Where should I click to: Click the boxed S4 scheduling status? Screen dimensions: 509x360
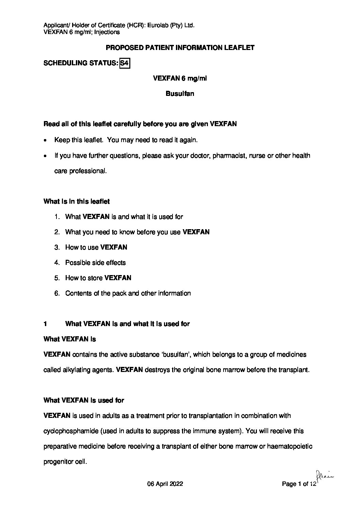click(125, 63)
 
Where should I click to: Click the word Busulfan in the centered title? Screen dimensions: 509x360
click(180, 94)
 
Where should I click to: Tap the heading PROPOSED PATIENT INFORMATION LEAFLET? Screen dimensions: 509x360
click(180, 48)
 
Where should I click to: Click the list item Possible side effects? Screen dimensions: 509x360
click(95, 263)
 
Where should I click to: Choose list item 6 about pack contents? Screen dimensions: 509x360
click(128, 293)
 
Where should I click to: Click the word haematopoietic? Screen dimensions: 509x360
click(291, 446)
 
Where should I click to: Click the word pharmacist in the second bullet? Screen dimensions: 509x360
click(229, 156)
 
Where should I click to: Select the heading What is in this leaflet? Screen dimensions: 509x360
click(77, 202)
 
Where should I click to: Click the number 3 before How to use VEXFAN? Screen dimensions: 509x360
click(56, 248)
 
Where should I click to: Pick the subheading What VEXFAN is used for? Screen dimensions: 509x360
click(84, 401)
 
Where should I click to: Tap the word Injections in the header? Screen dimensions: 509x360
click(107, 32)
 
